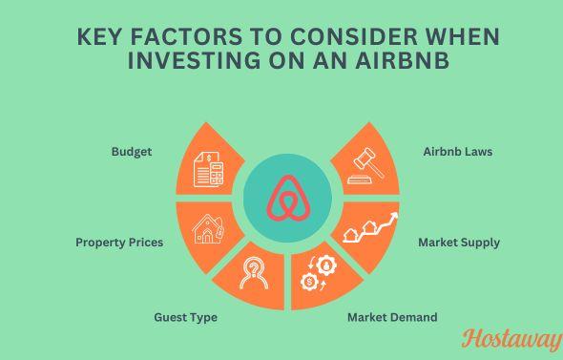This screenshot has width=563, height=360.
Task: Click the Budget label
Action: pyautogui.click(x=131, y=152)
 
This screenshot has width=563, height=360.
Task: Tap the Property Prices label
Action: pyautogui.click(x=119, y=243)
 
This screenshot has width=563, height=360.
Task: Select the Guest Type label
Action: pyautogui.click(x=185, y=317)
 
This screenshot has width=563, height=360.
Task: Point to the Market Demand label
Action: pyautogui.click(x=392, y=317)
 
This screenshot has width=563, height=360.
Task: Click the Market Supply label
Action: pyautogui.click(x=459, y=243)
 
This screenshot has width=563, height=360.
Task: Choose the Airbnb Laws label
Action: pyautogui.click(x=457, y=152)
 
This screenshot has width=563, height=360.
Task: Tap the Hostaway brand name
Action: pyautogui.click(x=511, y=338)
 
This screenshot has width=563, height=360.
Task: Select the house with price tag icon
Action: pyautogui.click(x=207, y=229)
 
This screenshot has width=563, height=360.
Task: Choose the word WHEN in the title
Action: pyautogui.click(x=463, y=37)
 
